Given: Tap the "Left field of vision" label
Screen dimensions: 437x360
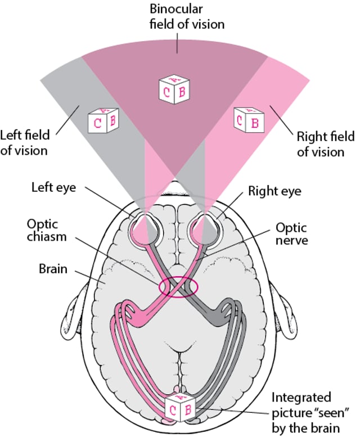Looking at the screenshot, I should pyautogui.click(x=25, y=143).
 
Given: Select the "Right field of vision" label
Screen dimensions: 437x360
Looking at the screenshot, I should pyautogui.click(x=326, y=145).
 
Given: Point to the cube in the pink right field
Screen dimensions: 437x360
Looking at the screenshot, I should pyautogui.click(x=249, y=119).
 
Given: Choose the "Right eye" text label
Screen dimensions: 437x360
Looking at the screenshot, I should pyautogui.click(x=274, y=191).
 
